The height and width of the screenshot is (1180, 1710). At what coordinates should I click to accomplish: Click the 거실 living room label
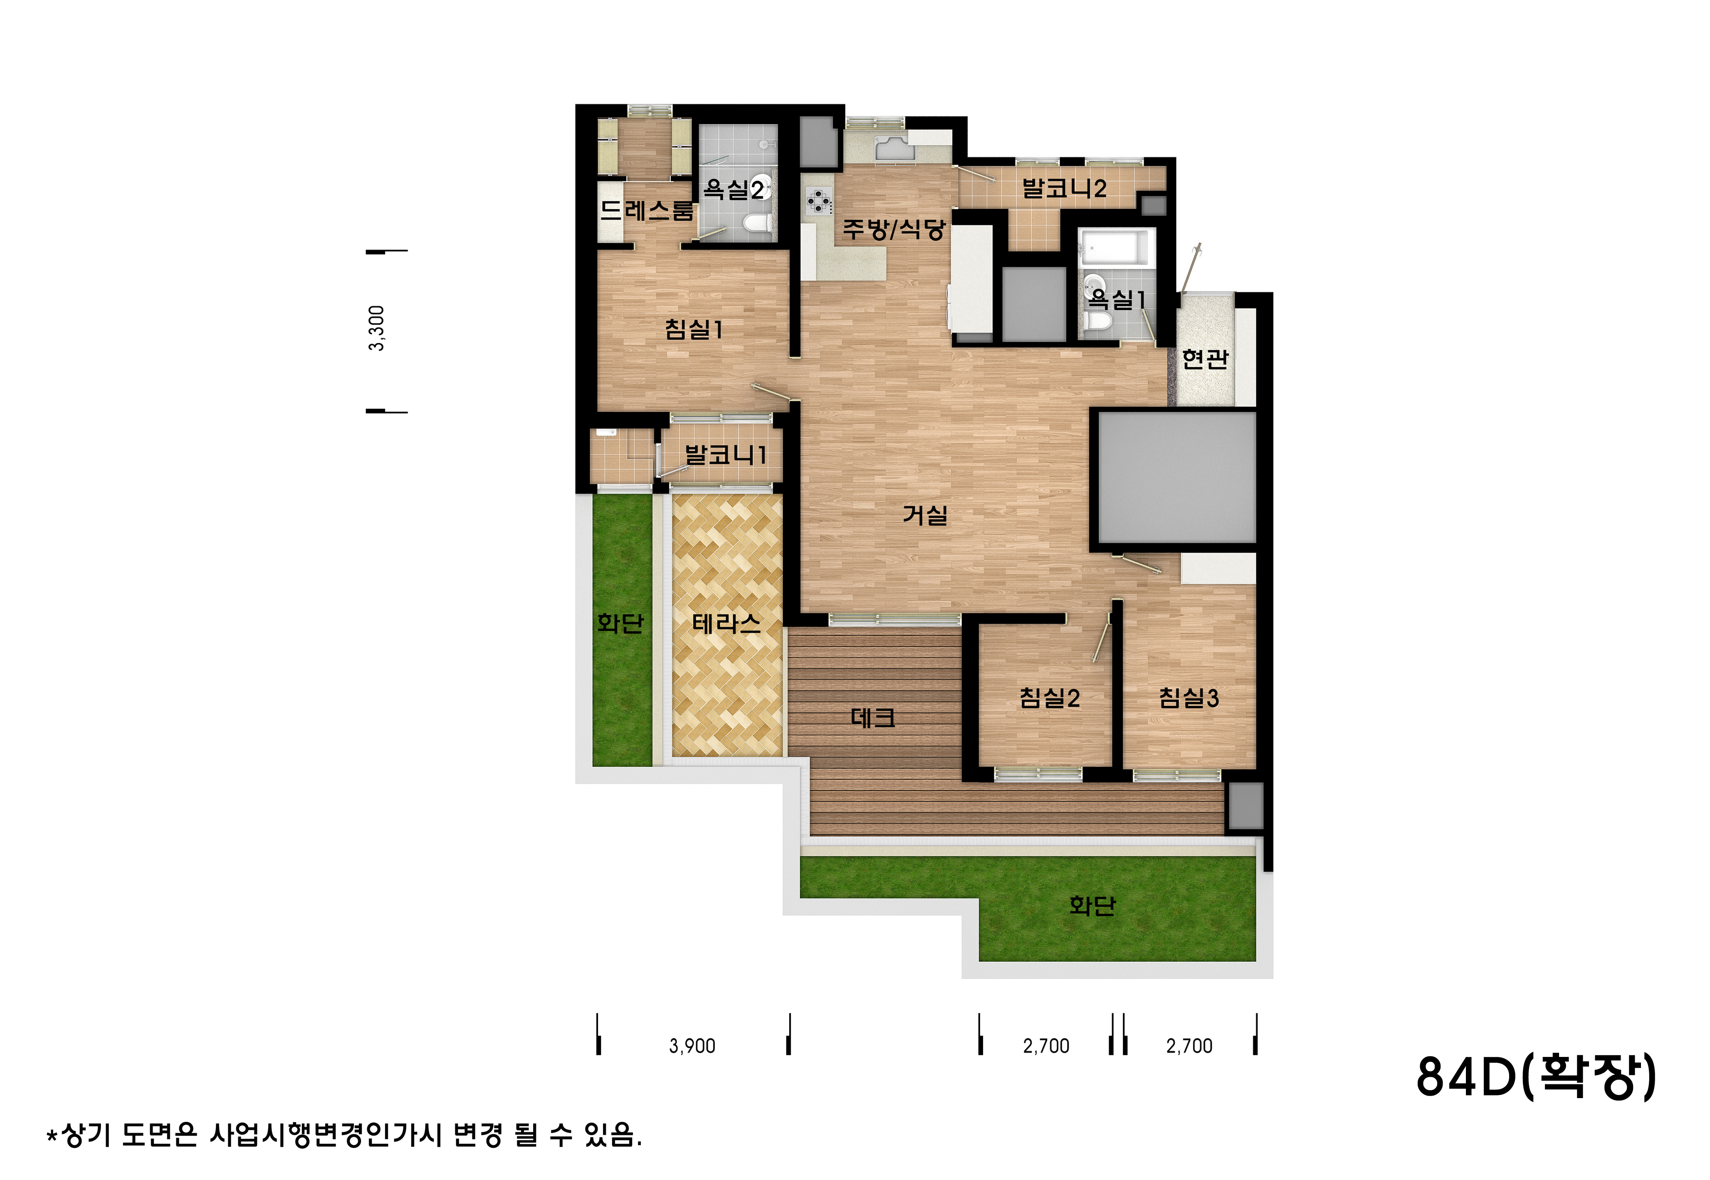[925, 515]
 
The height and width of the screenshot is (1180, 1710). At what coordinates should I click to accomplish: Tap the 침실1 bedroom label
[694, 329]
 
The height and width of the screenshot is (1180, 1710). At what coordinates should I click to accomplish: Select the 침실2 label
[1050, 697]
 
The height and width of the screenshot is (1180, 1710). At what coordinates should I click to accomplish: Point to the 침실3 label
[1189, 697]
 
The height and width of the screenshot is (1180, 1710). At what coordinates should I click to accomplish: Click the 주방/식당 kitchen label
[895, 229]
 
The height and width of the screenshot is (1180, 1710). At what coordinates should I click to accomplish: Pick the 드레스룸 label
[647, 211]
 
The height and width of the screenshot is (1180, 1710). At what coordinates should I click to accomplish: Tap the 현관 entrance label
[1205, 358]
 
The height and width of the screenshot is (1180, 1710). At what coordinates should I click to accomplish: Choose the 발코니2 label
[1065, 188]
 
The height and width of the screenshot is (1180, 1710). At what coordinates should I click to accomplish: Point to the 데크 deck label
[873, 717]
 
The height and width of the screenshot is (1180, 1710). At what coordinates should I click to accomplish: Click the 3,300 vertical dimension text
[376, 328]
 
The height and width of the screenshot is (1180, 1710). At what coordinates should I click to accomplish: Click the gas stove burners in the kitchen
[818, 201]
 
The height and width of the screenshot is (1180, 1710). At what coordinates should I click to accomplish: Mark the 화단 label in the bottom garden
[1092, 905]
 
